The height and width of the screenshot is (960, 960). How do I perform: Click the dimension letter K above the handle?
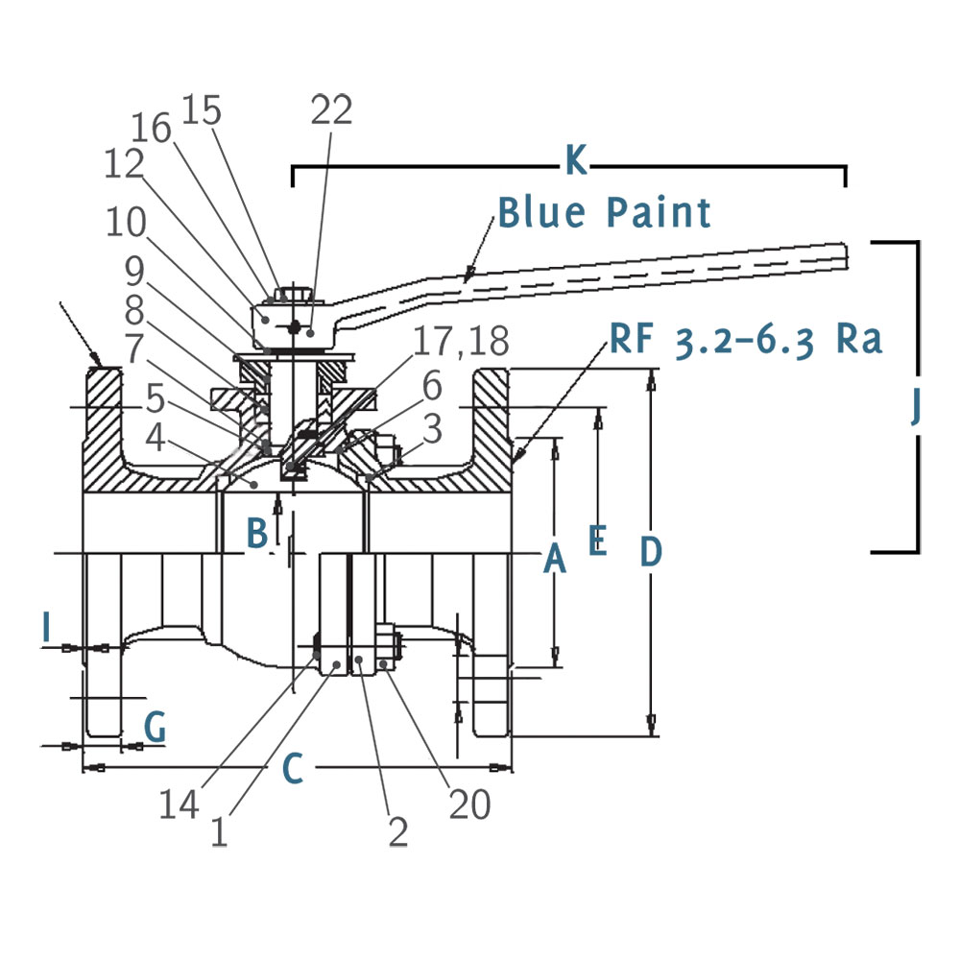[x=575, y=162]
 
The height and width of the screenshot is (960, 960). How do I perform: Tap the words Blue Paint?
[x=605, y=212]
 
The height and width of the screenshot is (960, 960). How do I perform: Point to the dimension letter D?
[x=650, y=552]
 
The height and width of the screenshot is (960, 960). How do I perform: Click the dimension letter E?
[x=597, y=540]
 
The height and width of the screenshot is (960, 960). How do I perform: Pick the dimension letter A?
[x=554, y=558]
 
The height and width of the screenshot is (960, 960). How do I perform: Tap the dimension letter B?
[x=256, y=531]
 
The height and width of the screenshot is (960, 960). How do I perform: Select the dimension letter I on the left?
[x=46, y=628]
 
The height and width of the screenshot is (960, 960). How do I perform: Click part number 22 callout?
[x=332, y=109]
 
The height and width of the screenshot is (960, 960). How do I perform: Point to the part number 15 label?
[x=201, y=110]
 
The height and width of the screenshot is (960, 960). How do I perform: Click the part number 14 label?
[x=180, y=804]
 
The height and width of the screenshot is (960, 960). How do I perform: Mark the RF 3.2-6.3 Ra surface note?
[x=743, y=339]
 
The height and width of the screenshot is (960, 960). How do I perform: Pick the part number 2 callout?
[x=398, y=831]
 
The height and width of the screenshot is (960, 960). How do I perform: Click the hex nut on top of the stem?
[x=287, y=293]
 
